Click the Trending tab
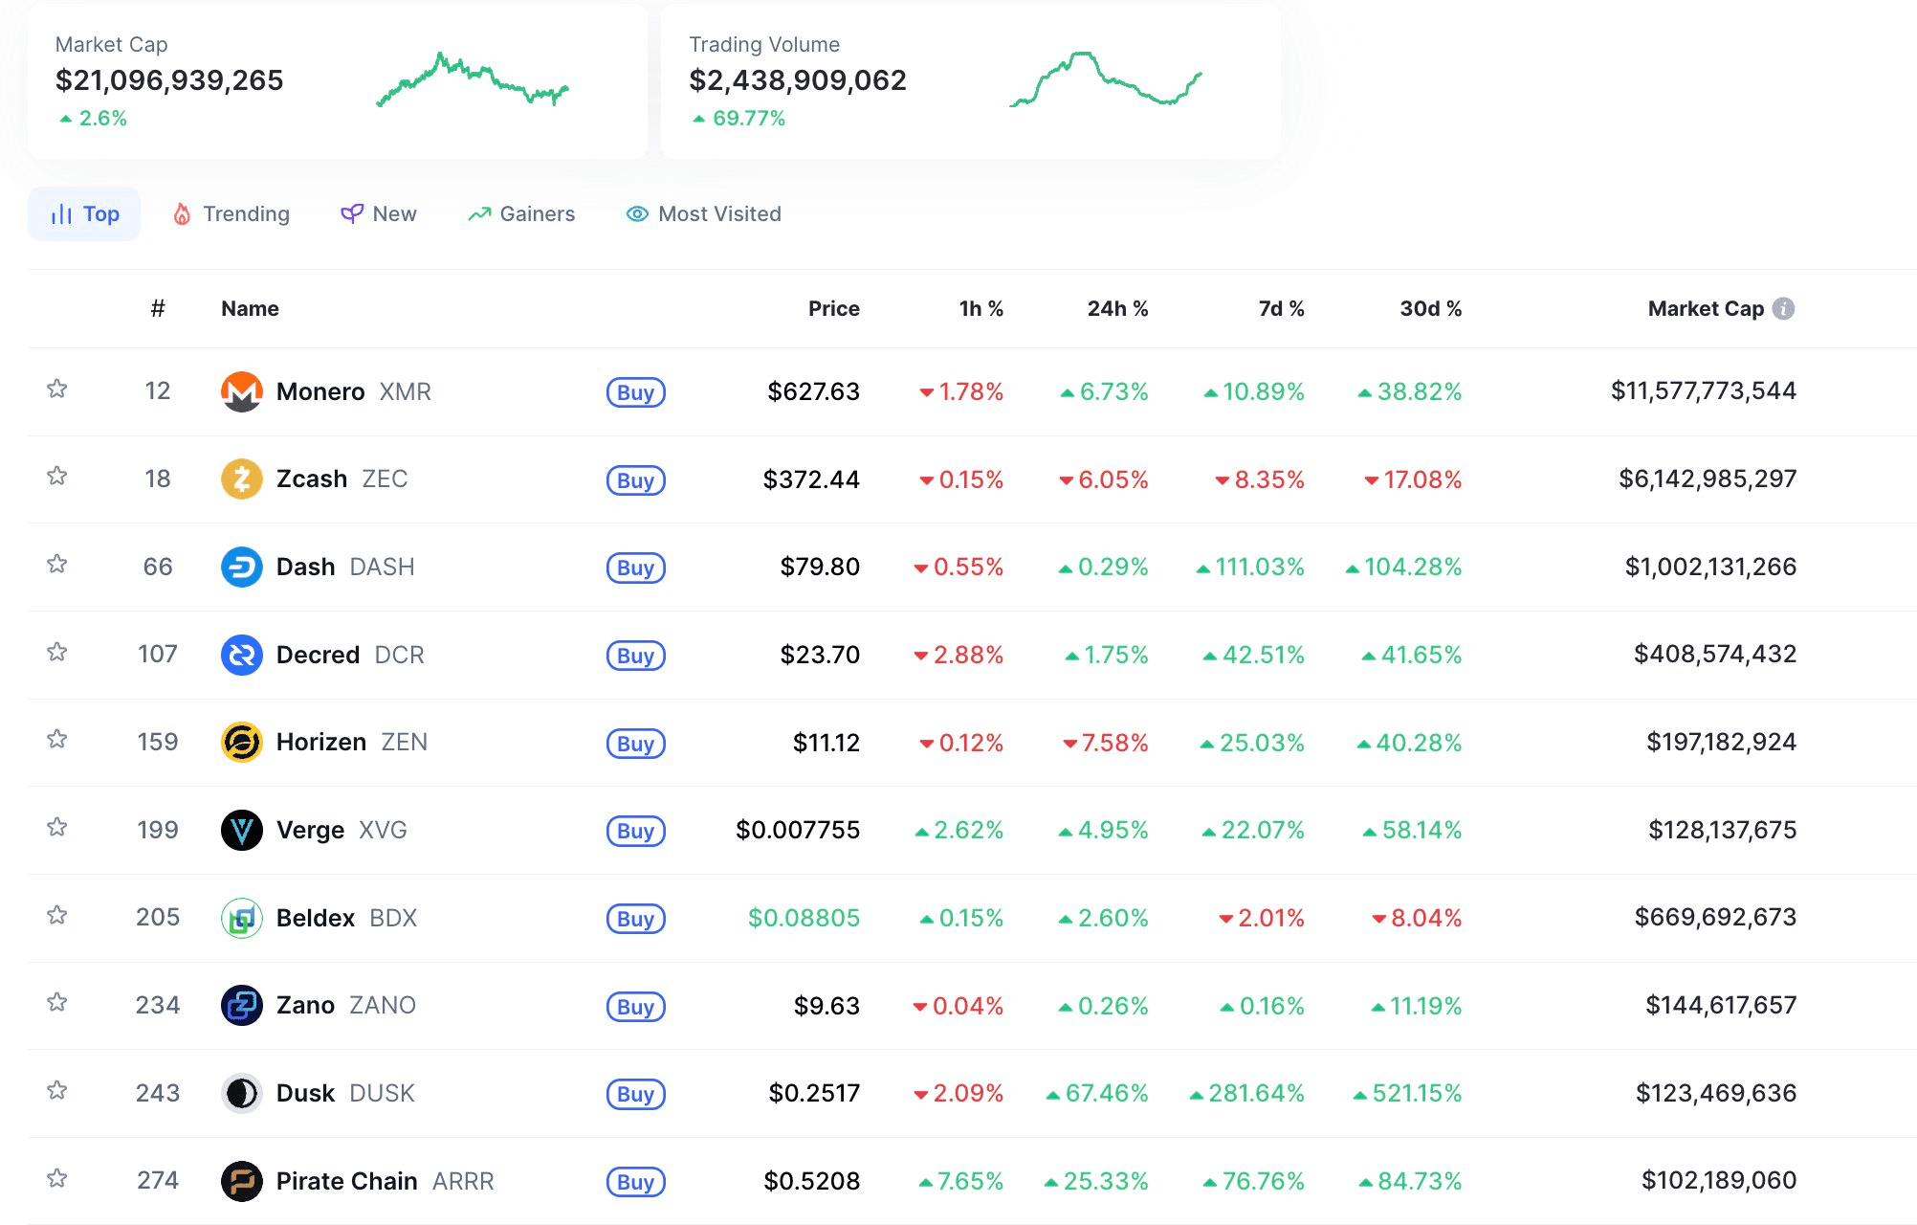point(231,213)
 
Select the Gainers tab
point(522,213)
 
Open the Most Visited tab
point(704,213)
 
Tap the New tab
point(380,213)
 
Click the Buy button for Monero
point(635,392)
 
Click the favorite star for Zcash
point(57,476)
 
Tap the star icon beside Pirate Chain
point(57,1178)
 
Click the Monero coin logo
point(242,391)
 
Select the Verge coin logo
point(242,830)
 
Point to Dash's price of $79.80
point(820,567)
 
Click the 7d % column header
point(1281,308)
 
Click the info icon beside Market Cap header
point(1783,308)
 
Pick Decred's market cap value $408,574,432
point(1714,654)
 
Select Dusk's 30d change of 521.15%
point(1416,1093)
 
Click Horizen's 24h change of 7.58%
point(1113,743)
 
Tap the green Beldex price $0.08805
point(804,918)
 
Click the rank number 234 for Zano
point(158,1005)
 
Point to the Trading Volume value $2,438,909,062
point(798,80)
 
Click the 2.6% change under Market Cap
point(101,118)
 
